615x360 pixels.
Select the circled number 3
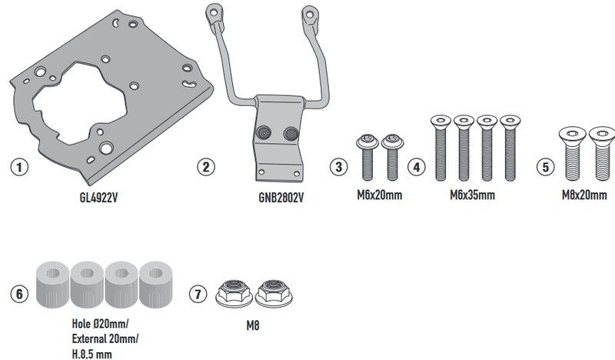tap(337, 165)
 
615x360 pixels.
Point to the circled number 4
tap(415, 165)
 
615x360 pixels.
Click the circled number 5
tap(545, 165)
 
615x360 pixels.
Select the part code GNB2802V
tap(280, 198)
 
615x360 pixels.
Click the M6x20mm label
tap(380, 195)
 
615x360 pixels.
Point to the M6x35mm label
tap(472, 195)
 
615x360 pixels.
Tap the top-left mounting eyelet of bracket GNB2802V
tap(208, 14)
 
